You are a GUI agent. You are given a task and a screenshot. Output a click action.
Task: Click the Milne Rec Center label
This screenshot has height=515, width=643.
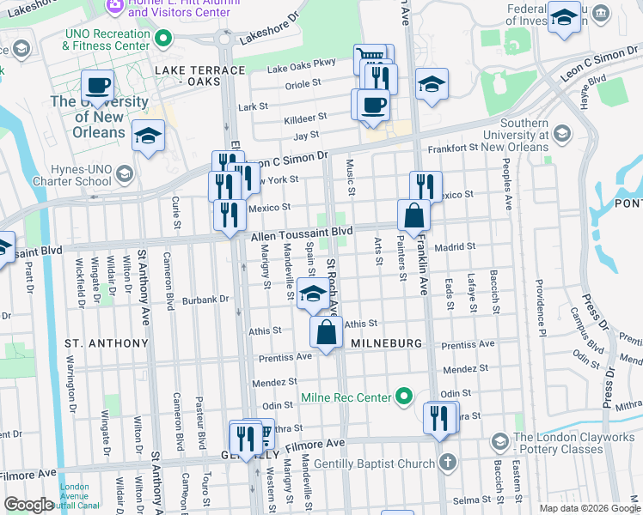(346, 398)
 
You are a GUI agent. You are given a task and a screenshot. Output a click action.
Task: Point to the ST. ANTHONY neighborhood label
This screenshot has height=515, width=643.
(107, 342)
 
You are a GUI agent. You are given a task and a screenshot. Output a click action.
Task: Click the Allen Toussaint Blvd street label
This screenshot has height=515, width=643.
(302, 233)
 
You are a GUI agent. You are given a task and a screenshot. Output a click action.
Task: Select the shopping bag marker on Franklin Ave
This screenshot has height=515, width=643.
(413, 216)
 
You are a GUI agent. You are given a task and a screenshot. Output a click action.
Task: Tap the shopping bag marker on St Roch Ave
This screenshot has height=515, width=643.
(326, 333)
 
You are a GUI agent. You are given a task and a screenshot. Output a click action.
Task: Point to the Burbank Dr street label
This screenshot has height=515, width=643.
(211, 300)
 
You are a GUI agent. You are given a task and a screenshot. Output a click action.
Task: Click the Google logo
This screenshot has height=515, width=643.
(29, 505)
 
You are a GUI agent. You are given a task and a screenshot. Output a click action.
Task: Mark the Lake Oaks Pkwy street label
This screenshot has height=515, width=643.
(301, 67)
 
